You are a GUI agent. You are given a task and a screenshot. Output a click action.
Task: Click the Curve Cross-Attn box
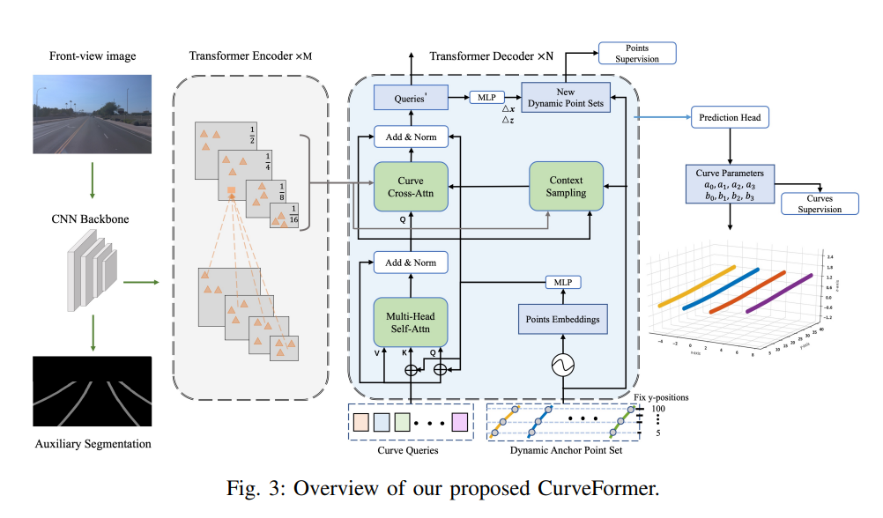click(x=411, y=187)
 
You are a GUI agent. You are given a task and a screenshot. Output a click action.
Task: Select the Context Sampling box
click(x=567, y=186)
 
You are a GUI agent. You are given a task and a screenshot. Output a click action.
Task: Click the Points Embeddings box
click(x=562, y=319)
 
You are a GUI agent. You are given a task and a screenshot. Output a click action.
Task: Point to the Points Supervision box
click(x=638, y=53)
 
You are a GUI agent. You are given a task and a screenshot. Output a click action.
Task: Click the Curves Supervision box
click(x=819, y=203)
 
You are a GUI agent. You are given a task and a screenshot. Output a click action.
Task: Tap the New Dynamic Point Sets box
click(x=565, y=98)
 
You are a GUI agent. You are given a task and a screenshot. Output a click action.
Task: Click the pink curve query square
click(x=458, y=422)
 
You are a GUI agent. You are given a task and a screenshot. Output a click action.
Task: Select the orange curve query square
click(x=361, y=422)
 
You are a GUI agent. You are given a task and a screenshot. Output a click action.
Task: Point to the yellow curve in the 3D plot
click(x=687, y=283)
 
